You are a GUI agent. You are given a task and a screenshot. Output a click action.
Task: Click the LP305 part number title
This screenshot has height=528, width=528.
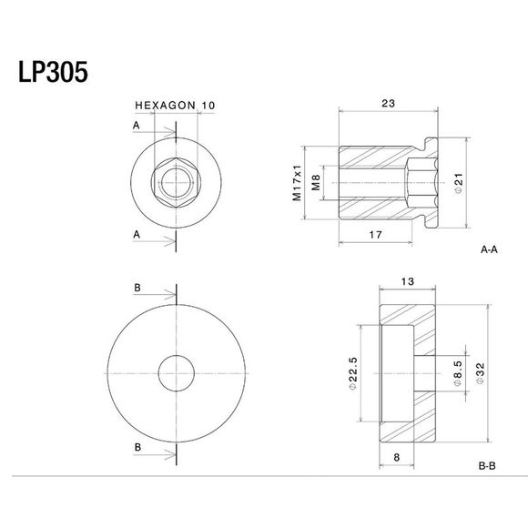52,73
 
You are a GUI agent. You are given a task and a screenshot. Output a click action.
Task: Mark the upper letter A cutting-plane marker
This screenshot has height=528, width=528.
137,124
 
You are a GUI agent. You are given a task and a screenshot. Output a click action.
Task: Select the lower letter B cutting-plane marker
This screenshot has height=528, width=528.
137,448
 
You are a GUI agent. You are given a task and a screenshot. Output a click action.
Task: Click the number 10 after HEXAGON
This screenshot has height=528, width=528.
208,106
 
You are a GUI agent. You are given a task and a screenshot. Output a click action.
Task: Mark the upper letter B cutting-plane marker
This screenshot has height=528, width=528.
137,288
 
